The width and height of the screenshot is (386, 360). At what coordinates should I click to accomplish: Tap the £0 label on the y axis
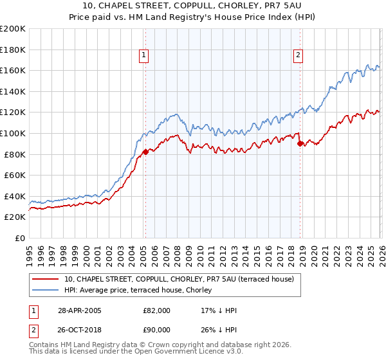click(x=21, y=238)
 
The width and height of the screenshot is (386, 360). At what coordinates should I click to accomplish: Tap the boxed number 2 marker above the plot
click(x=299, y=55)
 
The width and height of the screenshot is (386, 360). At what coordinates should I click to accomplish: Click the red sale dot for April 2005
click(x=145, y=152)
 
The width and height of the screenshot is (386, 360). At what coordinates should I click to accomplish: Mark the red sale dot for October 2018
click(x=300, y=143)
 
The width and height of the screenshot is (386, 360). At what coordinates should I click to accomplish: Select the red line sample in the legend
click(x=46, y=279)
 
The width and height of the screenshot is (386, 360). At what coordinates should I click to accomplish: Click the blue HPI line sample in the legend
click(x=46, y=290)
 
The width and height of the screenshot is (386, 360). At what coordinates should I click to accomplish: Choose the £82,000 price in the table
click(x=157, y=310)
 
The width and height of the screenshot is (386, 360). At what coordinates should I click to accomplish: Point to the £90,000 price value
click(x=157, y=331)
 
